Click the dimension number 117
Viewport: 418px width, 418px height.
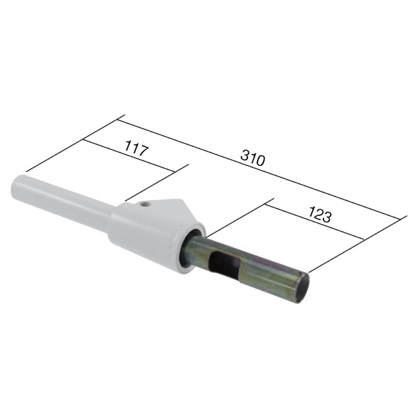tap(136, 149)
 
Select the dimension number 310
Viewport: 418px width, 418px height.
tap(252, 159)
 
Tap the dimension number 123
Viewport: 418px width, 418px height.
tap(320, 214)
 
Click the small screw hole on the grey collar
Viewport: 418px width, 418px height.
tap(145, 205)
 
